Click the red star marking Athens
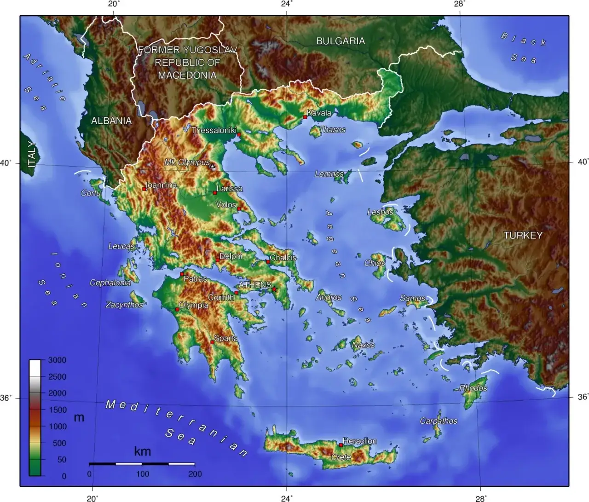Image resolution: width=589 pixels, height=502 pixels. (x=274, y=289)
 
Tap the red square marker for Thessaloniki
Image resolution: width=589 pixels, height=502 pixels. (x=239, y=135)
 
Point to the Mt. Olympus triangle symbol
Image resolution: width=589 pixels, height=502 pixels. (x=213, y=166)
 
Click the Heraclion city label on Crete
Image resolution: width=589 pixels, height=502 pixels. (x=359, y=441)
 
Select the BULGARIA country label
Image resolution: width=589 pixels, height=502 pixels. (x=340, y=41)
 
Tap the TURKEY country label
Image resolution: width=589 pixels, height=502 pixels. (x=523, y=235)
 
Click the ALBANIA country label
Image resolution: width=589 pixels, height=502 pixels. (x=111, y=121)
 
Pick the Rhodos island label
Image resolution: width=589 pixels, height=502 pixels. (x=473, y=388)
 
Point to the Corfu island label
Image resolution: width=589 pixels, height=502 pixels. (x=91, y=193)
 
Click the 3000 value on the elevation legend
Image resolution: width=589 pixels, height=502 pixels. (x=57, y=360)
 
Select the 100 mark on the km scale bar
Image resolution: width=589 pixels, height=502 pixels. (x=142, y=474)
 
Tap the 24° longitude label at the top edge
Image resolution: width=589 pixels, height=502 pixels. (x=286, y=4)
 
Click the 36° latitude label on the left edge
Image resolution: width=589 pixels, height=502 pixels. (x=6, y=398)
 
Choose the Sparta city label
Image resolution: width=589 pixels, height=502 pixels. (x=226, y=338)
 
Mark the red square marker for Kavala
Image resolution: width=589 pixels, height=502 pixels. (x=305, y=117)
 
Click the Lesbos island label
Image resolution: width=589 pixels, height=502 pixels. (x=380, y=212)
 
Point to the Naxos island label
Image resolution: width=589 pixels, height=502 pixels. (x=363, y=345)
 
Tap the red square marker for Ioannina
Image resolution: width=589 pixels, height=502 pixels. (x=144, y=189)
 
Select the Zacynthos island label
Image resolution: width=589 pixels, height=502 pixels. (x=124, y=305)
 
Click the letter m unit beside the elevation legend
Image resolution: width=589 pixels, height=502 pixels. (x=79, y=417)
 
